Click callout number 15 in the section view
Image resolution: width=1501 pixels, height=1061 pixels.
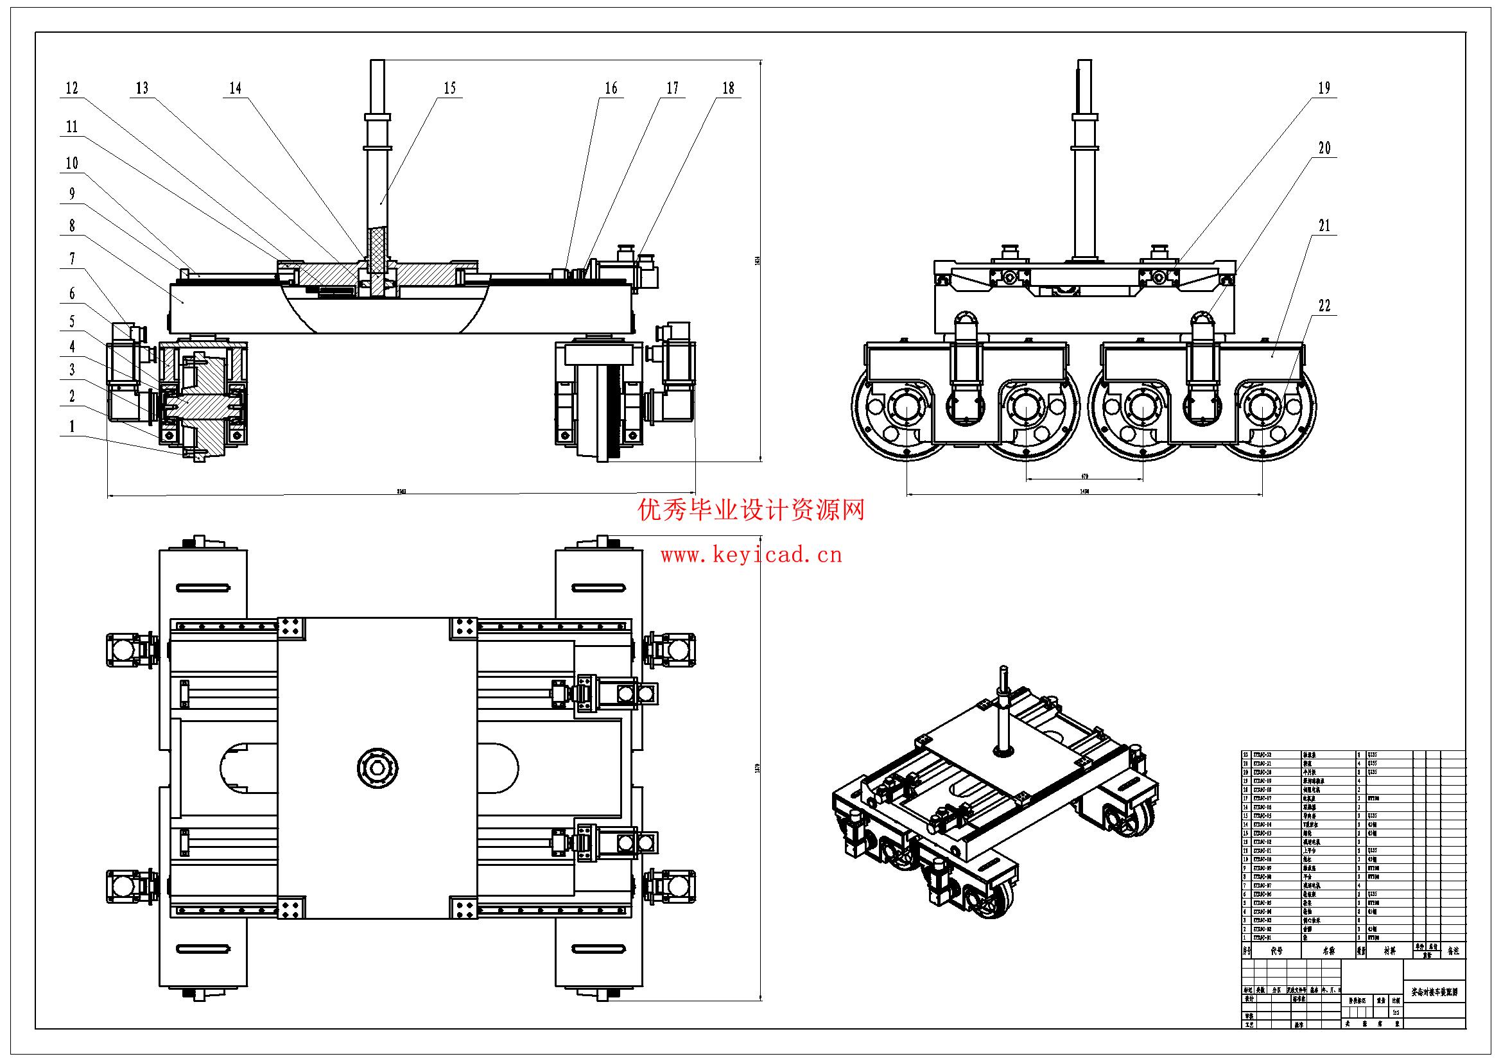pos(450,88)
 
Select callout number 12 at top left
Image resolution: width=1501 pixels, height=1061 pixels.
pos(72,88)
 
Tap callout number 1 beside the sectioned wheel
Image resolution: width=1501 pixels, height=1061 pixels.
pos(72,427)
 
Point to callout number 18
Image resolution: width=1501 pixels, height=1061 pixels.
pos(728,88)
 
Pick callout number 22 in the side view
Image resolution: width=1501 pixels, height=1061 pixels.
pos(1324,306)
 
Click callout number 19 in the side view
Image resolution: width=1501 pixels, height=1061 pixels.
pos(1324,88)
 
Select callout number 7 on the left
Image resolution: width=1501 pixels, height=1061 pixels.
pos(72,259)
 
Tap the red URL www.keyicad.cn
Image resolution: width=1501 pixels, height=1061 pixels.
pos(751,556)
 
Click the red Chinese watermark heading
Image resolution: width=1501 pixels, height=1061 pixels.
pos(751,509)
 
